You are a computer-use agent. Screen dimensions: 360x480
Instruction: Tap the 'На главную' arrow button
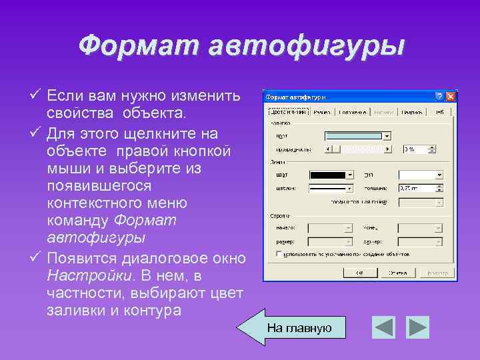[293, 327]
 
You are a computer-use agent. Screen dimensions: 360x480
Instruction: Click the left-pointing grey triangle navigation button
[384, 327]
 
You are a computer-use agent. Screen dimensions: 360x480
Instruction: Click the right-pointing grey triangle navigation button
[417, 327]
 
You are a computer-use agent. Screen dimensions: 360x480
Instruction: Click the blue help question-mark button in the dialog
[439, 97]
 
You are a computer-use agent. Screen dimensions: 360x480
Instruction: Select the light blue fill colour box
[354, 136]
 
